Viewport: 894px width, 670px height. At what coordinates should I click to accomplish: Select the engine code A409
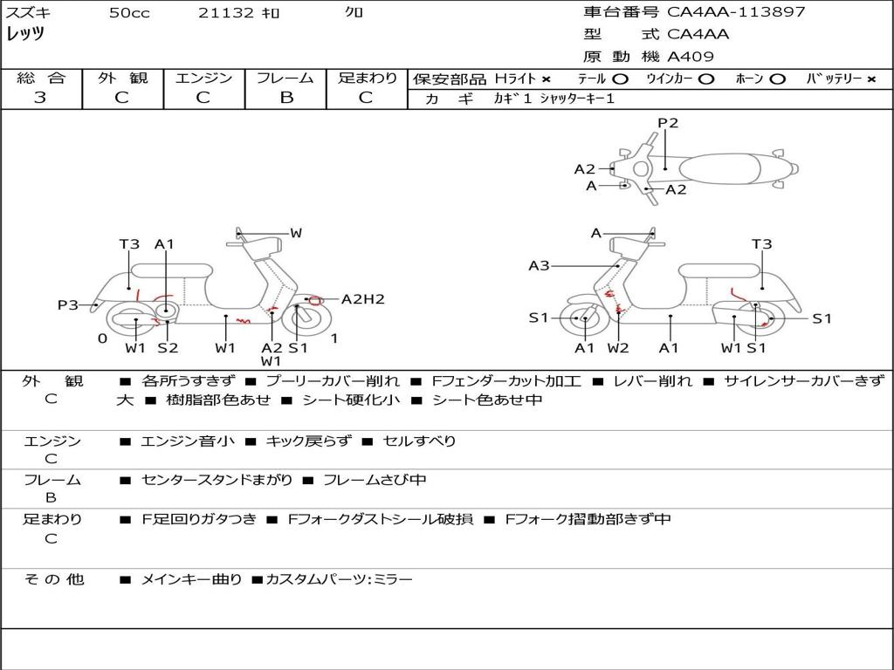(691, 57)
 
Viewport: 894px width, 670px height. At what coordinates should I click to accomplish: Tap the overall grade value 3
(40, 98)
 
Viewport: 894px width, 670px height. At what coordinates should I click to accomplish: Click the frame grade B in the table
(286, 98)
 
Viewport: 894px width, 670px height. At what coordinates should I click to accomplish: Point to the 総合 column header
(40, 79)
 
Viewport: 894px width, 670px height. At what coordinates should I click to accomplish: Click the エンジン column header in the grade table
(203, 79)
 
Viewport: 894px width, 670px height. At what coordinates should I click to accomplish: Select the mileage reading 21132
(226, 13)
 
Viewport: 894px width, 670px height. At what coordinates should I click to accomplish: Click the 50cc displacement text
(129, 13)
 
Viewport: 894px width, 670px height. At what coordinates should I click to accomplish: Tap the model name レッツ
(25, 34)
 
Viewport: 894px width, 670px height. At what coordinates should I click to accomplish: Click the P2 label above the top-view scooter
(668, 123)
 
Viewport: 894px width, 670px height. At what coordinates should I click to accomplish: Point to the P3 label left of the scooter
(68, 304)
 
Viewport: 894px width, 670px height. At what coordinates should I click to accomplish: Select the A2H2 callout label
(362, 299)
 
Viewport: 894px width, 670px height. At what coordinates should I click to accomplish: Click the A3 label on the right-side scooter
(539, 265)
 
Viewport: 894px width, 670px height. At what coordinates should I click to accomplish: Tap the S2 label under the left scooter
(168, 348)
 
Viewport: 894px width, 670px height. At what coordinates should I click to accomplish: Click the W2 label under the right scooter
(618, 348)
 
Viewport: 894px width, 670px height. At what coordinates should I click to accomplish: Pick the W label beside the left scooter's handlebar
(296, 233)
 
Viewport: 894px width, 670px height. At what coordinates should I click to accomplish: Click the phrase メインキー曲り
(191, 579)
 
